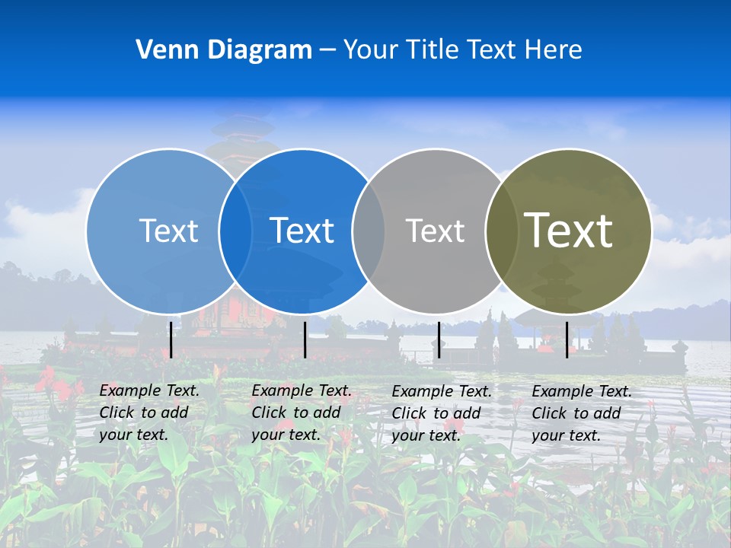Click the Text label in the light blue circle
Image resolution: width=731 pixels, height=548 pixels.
point(168,231)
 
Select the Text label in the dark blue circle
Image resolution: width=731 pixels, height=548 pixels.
point(302,231)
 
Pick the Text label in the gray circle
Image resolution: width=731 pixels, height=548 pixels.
point(435,231)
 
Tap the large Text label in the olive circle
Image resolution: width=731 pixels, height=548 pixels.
point(568,231)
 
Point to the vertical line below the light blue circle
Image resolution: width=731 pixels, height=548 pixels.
point(171,339)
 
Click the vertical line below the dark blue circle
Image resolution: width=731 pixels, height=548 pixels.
point(305,339)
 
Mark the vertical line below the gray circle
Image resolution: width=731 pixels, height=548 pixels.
point(439,339)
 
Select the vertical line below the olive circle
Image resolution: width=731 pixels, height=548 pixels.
point(567,339)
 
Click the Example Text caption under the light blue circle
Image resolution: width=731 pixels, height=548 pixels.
point(148,413)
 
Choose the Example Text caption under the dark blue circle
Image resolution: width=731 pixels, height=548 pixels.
point(301,413)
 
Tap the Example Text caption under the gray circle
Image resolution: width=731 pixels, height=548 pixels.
point(441,413)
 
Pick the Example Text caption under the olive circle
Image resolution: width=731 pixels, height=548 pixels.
point(581,413)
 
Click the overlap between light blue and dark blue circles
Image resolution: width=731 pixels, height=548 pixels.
point(235,231)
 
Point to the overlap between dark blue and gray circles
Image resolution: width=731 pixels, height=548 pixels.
point(369,231)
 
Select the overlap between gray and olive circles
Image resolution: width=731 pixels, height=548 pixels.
point(502,231)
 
